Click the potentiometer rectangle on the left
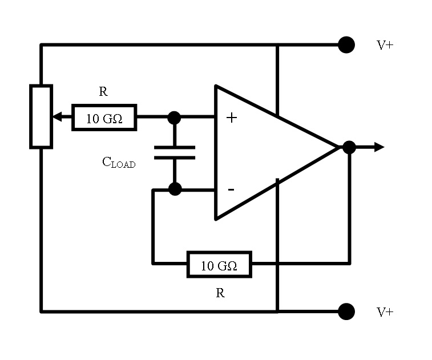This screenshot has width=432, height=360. click(x=41, y=117)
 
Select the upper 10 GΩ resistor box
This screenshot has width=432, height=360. click(x=104, y=118)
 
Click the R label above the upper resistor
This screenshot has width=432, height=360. click(x=103, y=92)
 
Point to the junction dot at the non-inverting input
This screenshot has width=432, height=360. click(x=175, y=118)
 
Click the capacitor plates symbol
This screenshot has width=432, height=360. click(x=175, y=152)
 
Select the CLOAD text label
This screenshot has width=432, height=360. click(x=119, y=163)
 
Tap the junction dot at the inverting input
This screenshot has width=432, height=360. click(x=175, y=189)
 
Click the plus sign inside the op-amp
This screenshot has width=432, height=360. click(x=231, y=118)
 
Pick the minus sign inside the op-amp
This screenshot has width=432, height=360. click(x=231, y=189)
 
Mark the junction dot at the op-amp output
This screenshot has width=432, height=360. click(x=349, y=147)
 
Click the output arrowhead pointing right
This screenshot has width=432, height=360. click(x=377, y=147)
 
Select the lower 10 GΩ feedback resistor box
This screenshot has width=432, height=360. click(x=219, y=264)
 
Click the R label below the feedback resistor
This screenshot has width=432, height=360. click(x=220, y=293)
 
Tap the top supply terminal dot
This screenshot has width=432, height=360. click(x=346, y=45)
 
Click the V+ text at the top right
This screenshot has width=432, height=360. click(x=385, y=45)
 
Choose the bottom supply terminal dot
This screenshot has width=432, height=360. click(x=346, y=312)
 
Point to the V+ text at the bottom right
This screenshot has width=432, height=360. click(x=385, y=312)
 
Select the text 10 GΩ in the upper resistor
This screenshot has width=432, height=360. click(x=104, y=119)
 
